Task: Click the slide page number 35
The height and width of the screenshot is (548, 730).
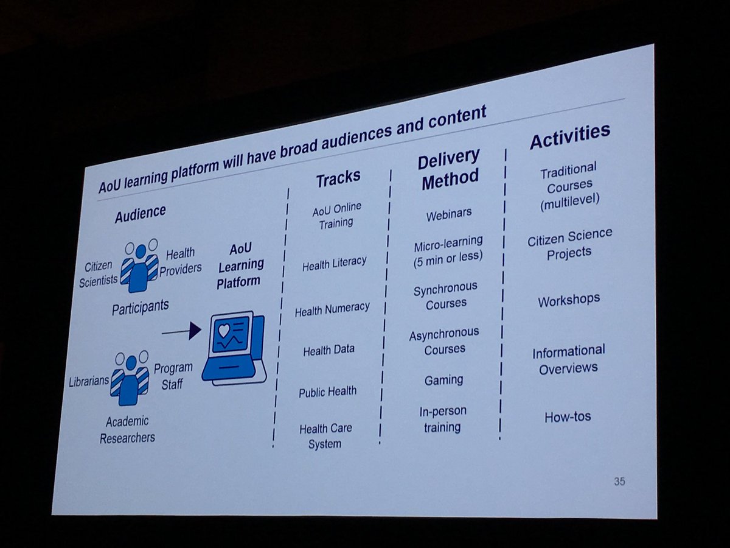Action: tap(619, 482)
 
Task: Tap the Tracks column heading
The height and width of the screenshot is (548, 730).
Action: tap(338, 178)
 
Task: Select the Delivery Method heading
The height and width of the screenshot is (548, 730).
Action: tap(448, 170)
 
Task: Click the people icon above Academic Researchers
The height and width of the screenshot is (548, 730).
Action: tap(129, 378)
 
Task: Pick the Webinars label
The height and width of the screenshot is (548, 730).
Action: tap(449, 216)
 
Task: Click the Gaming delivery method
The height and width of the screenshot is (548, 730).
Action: tap(443, 380)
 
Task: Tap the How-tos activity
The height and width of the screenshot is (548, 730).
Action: tap(568, 417)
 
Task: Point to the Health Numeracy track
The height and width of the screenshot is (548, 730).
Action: tap(332, 309)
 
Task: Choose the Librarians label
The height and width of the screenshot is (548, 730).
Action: tap(89, 381)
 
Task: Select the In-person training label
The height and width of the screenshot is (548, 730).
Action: tap(443, 419)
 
